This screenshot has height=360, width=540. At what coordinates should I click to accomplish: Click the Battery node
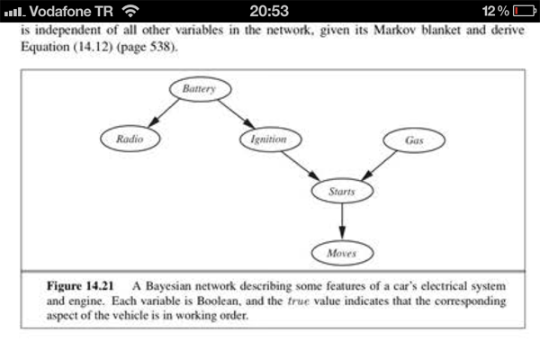(200, 89)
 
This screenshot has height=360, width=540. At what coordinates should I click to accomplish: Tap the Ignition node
(269, 139)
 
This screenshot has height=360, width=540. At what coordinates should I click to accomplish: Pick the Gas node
(414, 140)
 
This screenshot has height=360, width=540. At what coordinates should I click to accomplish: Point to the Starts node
(341, 192)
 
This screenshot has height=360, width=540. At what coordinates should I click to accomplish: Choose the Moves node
(341, 253)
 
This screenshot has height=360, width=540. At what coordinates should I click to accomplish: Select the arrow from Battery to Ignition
(236, 114)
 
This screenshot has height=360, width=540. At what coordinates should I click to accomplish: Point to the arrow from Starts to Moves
(341, 221)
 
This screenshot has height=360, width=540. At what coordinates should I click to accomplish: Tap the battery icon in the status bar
(523, 11)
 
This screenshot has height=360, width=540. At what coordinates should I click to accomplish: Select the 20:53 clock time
(269, 11)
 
